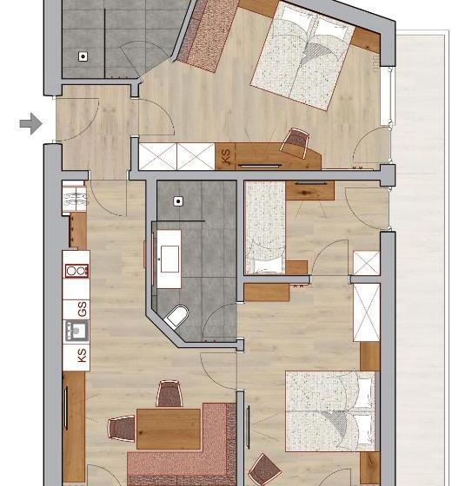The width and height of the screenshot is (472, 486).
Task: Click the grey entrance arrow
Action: [x=30, y=124]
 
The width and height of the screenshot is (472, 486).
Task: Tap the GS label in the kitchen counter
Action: [x=81, y=309]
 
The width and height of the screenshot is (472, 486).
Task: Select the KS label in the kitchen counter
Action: [x=81, y=354]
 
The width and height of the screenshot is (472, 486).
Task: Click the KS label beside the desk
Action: [x=225, y=157]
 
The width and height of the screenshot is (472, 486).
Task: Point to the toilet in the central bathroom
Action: [x=177, y=318]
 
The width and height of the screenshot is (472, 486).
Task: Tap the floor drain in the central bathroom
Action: [x=178, y=200]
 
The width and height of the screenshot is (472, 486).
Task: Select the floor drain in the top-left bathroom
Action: [x=83, y=56]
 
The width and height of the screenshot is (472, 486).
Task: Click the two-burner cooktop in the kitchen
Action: [x=76, y=269]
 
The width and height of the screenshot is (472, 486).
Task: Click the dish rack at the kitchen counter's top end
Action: [x=74, y=197]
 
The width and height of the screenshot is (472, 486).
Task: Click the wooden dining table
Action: [x=169, y=427]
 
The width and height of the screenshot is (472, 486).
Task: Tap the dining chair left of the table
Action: [x=122, y=427]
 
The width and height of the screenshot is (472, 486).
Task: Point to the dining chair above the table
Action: [x=170, y=395]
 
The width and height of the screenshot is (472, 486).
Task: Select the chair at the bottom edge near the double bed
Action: [x=264, y=470]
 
